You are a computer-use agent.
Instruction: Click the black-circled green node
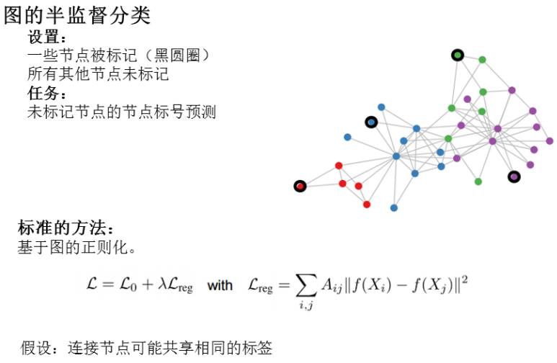[x=457, y=55]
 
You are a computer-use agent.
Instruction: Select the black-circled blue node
[x=371, y=122]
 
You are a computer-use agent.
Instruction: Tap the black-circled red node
[x=300, y=187]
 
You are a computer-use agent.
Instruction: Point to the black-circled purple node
[x=514, y=176]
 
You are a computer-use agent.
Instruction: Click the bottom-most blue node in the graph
[x=393, y=208]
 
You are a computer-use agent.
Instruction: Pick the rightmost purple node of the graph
[x=550, y=141]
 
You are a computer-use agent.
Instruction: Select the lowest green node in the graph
[x=478, y=181]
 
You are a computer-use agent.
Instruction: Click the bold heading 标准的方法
[x=65, y=230]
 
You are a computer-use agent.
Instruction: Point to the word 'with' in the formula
[x=220, y=285]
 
